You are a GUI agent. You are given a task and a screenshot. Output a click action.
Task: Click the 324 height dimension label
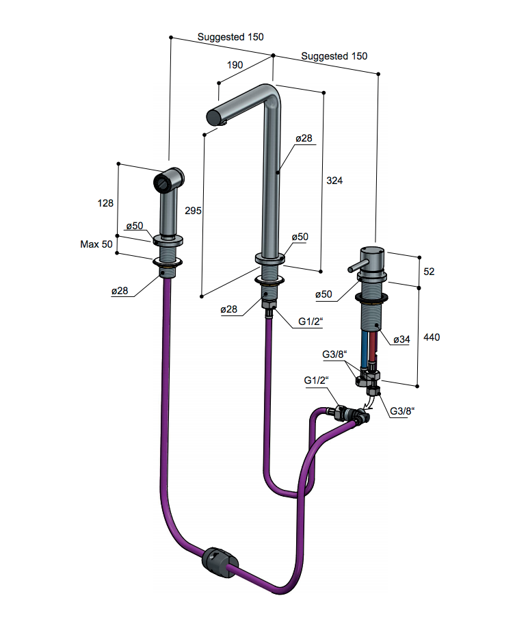click(334, 181)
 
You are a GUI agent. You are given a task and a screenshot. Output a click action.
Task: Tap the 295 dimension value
click(193, 211)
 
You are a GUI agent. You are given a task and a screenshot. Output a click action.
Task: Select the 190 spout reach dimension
click(235, 65)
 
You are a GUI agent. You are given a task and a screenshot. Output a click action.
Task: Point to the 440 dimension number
click(432, 337)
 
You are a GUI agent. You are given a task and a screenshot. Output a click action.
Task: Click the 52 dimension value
click(429, 272)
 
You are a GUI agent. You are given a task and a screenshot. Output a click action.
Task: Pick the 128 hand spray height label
click(105, 203)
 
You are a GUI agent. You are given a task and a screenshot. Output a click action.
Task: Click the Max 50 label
click(96, 244)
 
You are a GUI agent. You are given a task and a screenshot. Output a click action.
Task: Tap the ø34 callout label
click(401, 339)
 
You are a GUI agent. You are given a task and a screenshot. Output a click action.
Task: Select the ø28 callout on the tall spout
click(304, 138)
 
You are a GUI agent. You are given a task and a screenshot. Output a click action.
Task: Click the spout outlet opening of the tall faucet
click(213, 117)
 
